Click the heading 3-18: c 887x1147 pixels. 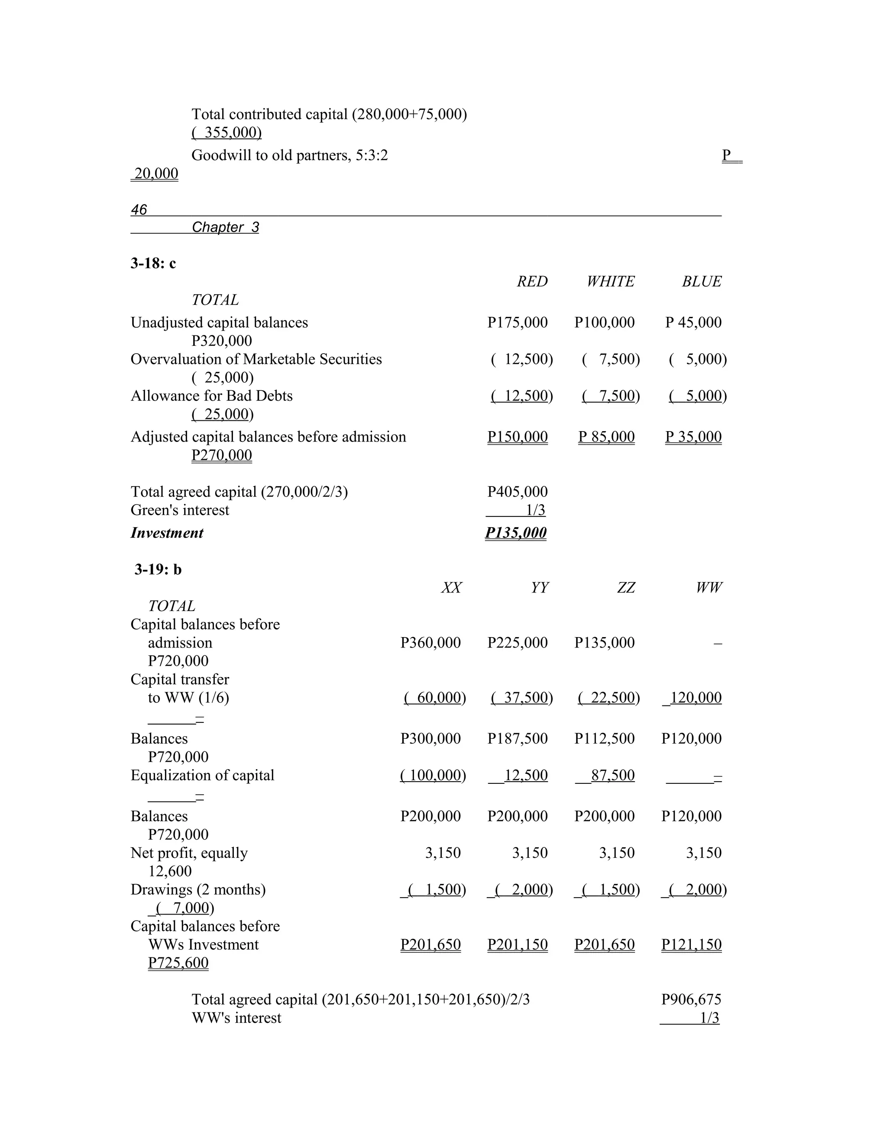coord(153,263)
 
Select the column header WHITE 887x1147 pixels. coord(610,281)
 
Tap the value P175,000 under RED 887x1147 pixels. coord(517,322)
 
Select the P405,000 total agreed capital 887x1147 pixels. coord(517,492)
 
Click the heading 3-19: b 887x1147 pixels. coord(158,569)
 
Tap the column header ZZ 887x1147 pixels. coord(625,588)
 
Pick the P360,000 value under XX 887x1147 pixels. coord(431,642)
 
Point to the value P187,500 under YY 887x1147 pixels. coord(517,738)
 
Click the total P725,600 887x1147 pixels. coord(178,963)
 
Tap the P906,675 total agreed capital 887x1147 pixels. coord(691,999)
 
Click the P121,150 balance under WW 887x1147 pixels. coord(691,944)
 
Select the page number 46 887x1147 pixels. coord(139,210)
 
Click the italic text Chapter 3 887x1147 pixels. coord(225,227)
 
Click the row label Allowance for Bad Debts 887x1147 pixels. coord(211,396)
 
